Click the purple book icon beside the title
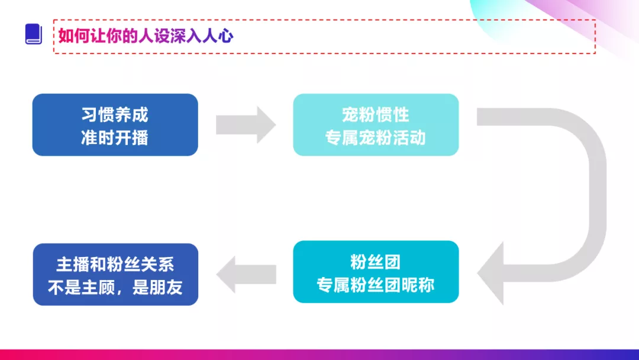[x=34, y=34]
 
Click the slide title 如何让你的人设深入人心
[x=146, y=36]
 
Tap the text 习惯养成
[x=115, y=114]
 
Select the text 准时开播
[x=115, y=137]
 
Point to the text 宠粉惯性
[x=376, y=114]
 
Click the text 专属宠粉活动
[x=376, y=137]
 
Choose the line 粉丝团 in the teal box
[x=376, y=261]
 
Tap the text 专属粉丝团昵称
[x=376, y=284]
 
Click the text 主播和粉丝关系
[x=115, y=264]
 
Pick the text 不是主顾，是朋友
[x=115, y=287]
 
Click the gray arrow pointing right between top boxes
[x=245, y=125]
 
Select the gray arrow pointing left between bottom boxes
[x=246, y=274]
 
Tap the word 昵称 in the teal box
[x=418, y=284]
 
